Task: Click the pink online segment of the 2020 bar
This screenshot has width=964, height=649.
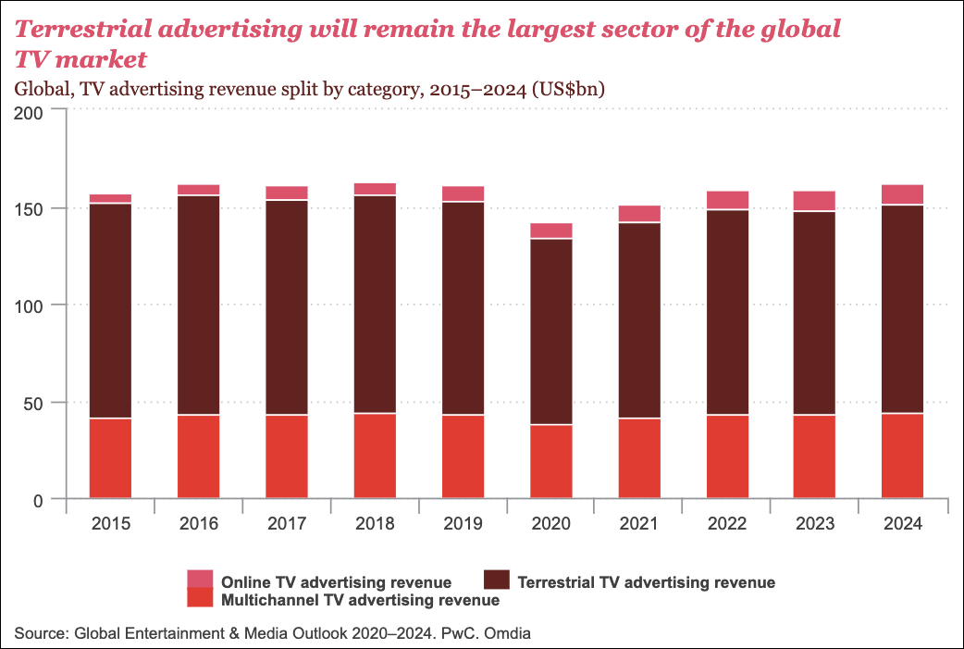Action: tap(550, 231)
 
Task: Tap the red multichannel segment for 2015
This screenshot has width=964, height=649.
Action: tap(110, 458)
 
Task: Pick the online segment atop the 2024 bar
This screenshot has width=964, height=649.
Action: tap(902, 194)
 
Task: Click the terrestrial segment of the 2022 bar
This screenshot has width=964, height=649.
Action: tap(726, 312)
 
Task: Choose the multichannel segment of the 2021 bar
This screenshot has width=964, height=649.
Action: tap(638, 458)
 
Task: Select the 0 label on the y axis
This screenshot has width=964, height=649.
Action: tap(49, 501)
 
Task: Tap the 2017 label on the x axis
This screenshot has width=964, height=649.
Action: tap(286, 524)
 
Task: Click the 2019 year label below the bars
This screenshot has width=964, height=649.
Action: tap(463, 524)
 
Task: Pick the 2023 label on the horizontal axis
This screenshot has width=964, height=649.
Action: tap(814, 524)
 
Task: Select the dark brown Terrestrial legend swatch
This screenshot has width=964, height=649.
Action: tap(497, 580)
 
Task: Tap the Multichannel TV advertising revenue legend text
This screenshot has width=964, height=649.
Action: tap(361, 600)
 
